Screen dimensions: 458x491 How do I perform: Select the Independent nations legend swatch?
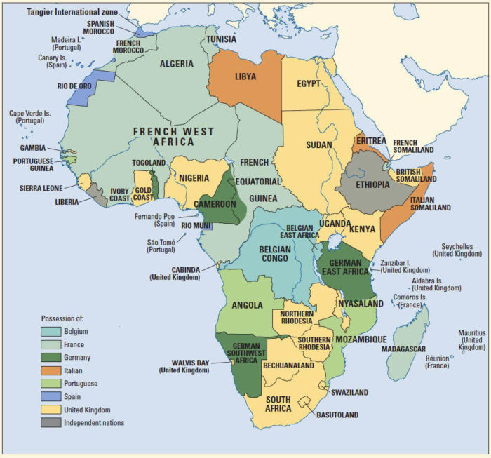coord(51,422)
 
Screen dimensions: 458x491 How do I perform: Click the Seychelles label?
coord(458,250)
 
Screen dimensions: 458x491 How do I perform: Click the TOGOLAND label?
coord(149,163)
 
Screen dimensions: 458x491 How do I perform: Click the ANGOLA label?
coord(247,305)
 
